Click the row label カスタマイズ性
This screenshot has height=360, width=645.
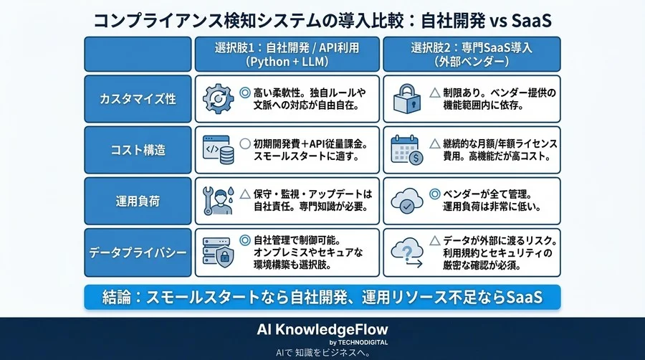pos(138,99)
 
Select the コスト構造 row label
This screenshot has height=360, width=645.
pos(138,150)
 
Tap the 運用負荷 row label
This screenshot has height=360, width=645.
pos(138,202)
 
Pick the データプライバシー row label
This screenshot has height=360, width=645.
pos(138,252)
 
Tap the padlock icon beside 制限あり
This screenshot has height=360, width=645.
pos(406,99)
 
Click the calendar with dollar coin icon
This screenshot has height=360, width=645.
pos(406,151)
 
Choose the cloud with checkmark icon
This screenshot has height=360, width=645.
pos(406,202)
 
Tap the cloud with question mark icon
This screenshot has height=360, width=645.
pos(406,252)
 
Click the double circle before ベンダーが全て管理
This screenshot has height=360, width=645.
pos(434,194)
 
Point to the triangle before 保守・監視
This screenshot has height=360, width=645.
pos(245,194)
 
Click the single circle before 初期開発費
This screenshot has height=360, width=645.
pos(245,143)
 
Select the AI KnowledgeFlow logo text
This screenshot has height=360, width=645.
pos(322,329)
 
